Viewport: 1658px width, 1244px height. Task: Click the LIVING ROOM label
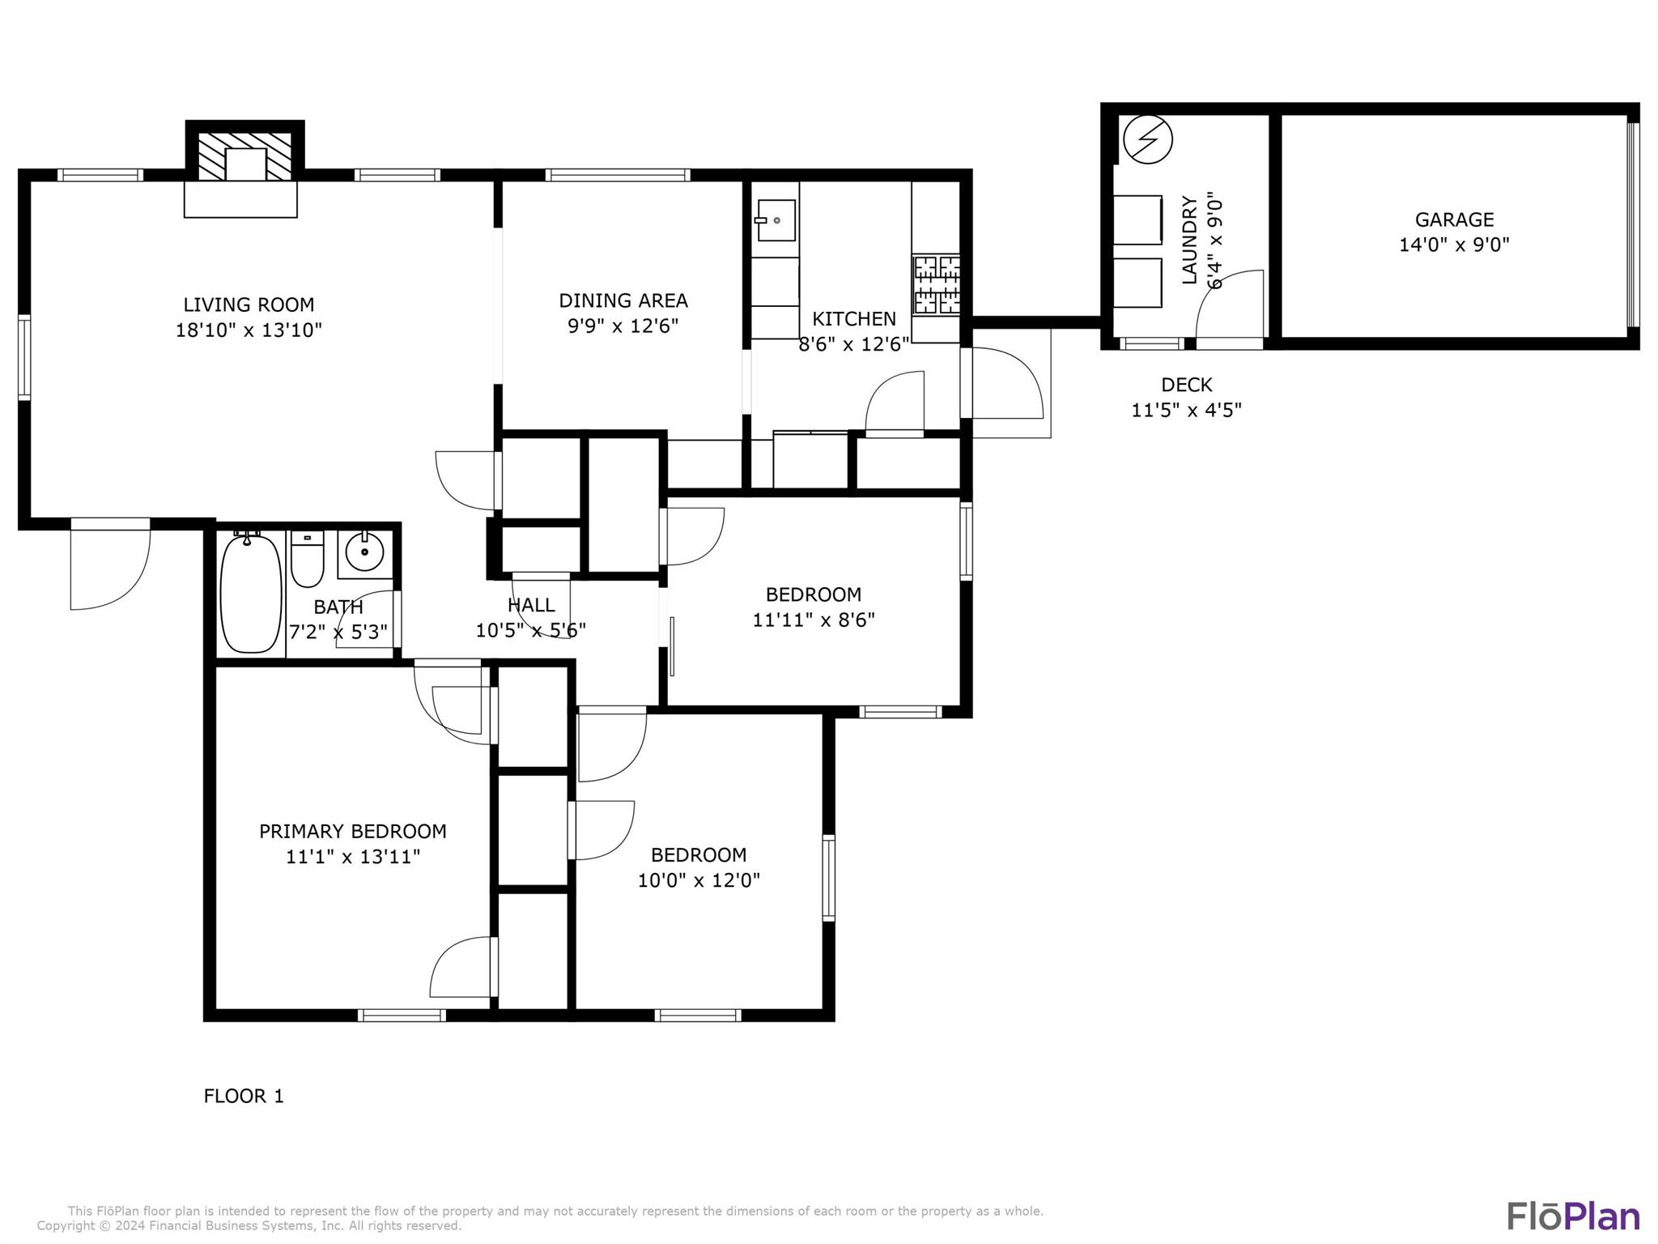click(x=249, y=305)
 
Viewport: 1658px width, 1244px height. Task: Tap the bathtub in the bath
click(x=251, y=594)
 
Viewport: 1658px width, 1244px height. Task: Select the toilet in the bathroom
click(x=307, y=560)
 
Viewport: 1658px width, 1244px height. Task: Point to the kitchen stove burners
click(x=937, y=285)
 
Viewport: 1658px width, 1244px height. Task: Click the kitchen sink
click(x=776, y=220)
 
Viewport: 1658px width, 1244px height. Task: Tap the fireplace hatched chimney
click(x=244, y=156)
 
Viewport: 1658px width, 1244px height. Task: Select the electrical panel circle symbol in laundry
click(x=1147, y=139)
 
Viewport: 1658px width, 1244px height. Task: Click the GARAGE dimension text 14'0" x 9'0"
click(x=1454, y=245)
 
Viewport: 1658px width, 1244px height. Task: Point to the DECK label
click(x=1186, y=385)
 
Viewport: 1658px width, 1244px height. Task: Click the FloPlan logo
click(x=1572, y=1216)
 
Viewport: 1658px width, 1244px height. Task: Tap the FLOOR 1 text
click(x=244, y=1096)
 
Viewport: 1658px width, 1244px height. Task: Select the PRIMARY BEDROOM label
click(x=352, y=831)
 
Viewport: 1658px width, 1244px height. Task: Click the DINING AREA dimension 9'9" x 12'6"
click(x=623, y=326)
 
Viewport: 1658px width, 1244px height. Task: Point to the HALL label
click(x=531, y=605)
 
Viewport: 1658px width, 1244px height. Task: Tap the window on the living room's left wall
click(x=24, y=357)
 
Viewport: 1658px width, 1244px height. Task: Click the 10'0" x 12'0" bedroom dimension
click(x=699, y=880)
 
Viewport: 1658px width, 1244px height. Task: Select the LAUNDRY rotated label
click(x=1189, y=240)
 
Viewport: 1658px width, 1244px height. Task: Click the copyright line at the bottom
click(x=249, y=1226)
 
